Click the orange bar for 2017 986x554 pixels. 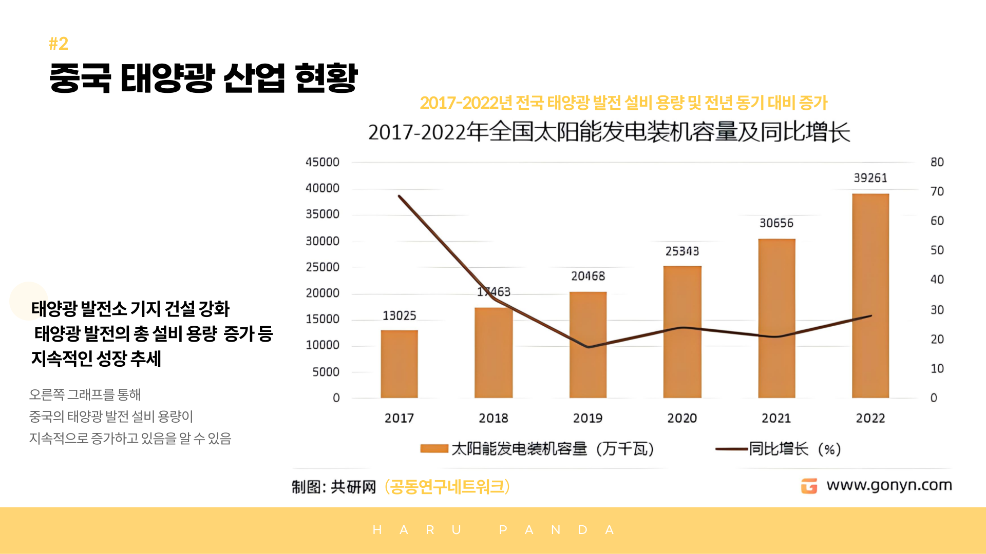point(399,364)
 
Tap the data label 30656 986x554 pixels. point(776,223)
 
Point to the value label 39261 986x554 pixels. point(870,178)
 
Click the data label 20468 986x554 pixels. point(588,276)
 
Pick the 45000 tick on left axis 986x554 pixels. point(323,162)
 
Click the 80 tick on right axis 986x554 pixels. point(937,162)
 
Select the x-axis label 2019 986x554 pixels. point(587,418)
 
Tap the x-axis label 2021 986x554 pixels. point(776,418)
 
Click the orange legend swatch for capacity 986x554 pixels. point(434,449)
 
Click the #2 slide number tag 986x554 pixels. point(59,44)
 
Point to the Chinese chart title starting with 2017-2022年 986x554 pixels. point(609,132)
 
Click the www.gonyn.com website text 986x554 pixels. point(889,485)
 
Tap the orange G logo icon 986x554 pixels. point(809,486)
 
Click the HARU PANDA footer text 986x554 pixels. point(493,530)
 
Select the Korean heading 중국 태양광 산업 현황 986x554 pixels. point(203,78)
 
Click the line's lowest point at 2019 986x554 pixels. point(589,347)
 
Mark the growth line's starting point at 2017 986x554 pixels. point(400,196)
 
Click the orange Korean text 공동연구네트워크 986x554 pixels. point(447,487)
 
